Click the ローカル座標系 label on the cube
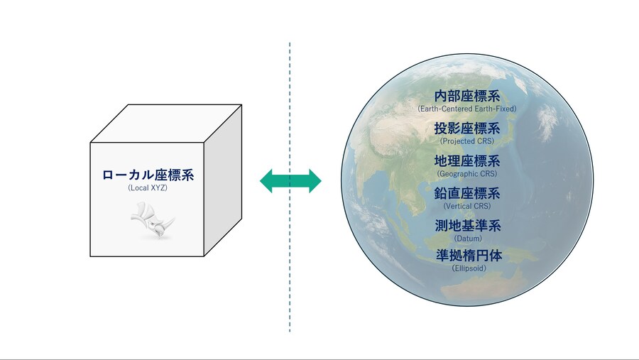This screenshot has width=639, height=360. point(148,175)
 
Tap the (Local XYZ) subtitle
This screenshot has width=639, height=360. point(148,188)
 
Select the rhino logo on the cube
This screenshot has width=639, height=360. point(153,221)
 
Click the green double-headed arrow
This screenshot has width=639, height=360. point(290,180)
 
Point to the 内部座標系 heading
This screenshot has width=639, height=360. point(467,97)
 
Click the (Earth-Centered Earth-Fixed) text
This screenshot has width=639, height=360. point(467,109)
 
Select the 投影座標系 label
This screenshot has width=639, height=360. point(467,129)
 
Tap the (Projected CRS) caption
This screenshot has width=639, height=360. point(467,141)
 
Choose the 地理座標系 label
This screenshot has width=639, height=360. point(467,161)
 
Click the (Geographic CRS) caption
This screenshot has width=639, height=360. point(467,174)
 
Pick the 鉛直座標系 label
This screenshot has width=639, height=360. point(467,193)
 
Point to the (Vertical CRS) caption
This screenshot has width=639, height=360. point(467,206)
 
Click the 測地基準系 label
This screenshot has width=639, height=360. point(468,226)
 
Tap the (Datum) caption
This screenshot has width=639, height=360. point(468,238)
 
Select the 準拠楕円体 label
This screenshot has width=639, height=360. point(469,256)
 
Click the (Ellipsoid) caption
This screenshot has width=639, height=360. point(469,268)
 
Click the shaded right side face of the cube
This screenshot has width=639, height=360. point(222,180)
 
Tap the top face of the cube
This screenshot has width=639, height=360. point(166,124)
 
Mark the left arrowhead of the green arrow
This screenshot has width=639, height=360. point(266,180)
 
